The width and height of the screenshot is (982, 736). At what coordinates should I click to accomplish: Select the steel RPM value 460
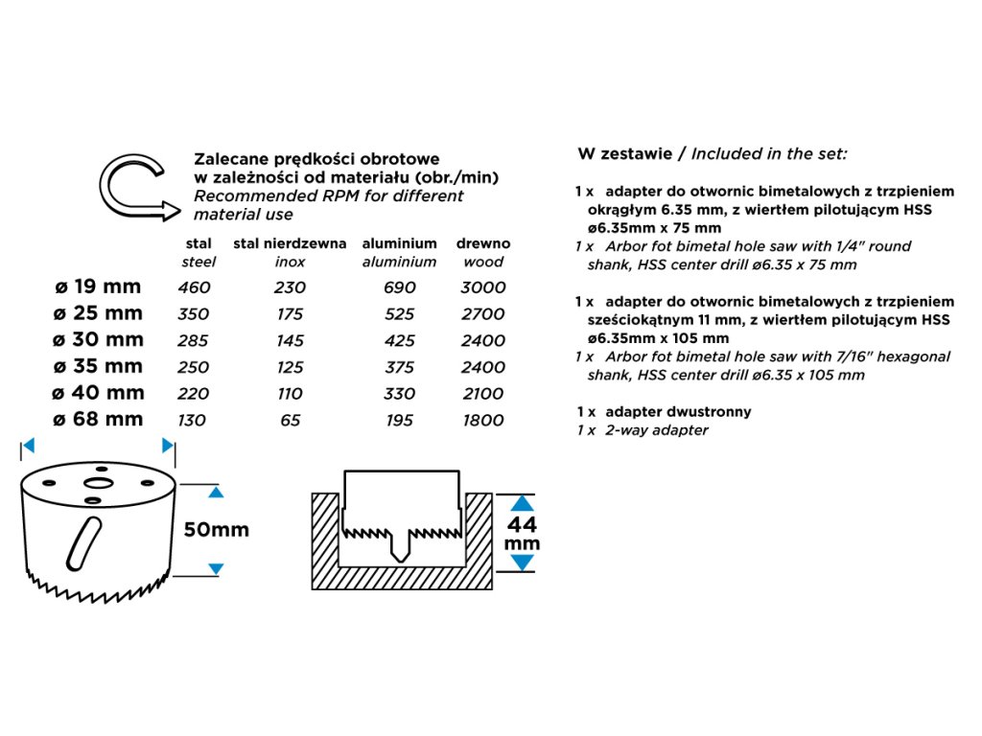(x=194, y=287)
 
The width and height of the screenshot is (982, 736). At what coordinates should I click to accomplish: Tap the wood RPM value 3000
(x=483, y=287)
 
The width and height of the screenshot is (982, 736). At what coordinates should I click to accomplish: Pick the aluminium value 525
(x=400, y=314)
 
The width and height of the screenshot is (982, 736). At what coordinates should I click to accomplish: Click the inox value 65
(x=290, y=420)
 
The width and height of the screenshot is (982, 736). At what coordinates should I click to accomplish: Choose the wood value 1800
(x=483, y=420)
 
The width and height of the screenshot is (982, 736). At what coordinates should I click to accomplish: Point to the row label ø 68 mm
(x=98, y=419)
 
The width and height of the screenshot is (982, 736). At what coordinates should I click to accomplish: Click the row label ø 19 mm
(x=98, y=287)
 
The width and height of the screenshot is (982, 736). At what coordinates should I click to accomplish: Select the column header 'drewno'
(x=483, y=243)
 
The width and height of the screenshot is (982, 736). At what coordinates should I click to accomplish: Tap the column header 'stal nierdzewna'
(x=290, y=243)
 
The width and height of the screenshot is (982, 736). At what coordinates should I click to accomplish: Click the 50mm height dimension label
(x=216, y=530)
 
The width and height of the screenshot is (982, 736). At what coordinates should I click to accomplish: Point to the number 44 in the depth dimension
(x=522, y=525)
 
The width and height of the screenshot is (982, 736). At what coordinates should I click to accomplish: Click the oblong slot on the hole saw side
(x=82, y=541)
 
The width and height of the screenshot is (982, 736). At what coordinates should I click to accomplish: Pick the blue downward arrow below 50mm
(x=216, y=568)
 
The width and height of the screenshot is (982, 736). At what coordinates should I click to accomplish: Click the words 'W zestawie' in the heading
(x=621, y=153)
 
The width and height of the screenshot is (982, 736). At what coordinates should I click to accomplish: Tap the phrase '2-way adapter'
(x=657, y=430)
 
